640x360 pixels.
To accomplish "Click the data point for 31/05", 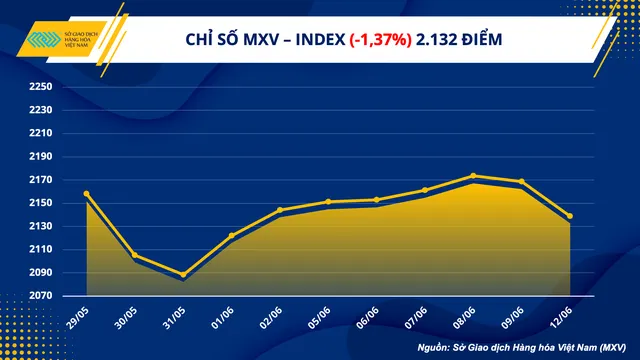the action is pyautogui.click(x=183, y=275).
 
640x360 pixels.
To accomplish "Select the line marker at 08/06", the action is pyautogui.click(x=473, y=176).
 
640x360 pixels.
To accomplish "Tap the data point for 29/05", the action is pyautogui.click(x=87, y=194).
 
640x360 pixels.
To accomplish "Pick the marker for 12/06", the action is pyautogui.click(x=570, y=216).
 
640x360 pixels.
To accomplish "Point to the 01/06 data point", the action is pyautogui.click(x=232, y=236).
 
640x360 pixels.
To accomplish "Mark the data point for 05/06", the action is pyautogui.click(x=329, y=202).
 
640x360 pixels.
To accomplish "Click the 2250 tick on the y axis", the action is pyautogui.click(x=41, y=87).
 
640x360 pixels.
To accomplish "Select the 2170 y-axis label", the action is pyautogui.click(x=41, y=180).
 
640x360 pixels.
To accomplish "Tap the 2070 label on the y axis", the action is pyautogui.click(x=41, y=296).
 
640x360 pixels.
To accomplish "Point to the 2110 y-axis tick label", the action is pyautogui.click(x=41, y=249).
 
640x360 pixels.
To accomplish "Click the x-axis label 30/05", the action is pyautogui.click(x=126, y=318).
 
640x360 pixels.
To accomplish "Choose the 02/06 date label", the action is pyautogui.click(x=271, y=318).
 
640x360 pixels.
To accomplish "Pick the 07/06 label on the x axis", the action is pyautogui.click(x=416, y=318).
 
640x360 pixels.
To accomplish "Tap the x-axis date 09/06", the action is pyautogui.click(x=513, y=318).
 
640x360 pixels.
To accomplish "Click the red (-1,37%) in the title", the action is pyautogui.click(x=380, y=40).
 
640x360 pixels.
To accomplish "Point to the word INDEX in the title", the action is pyautogui.click(x=320, y=40).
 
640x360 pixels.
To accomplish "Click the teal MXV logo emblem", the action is pyautogui.click(x=44, y=39).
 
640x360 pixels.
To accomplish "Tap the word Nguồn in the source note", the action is pyautogui.click(x=433, y=348).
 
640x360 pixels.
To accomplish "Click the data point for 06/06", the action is pyautogui.click(x=377, y=200).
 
